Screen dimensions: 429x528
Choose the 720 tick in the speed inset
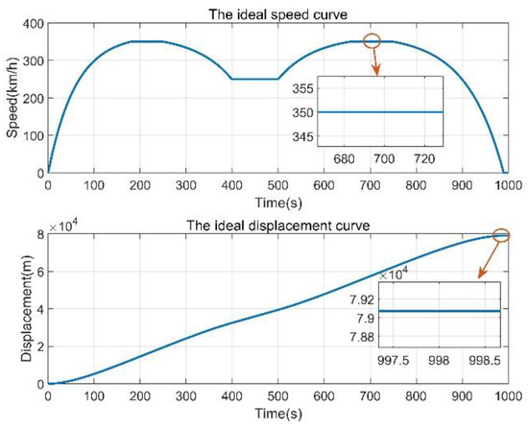[x=426, y=157]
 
